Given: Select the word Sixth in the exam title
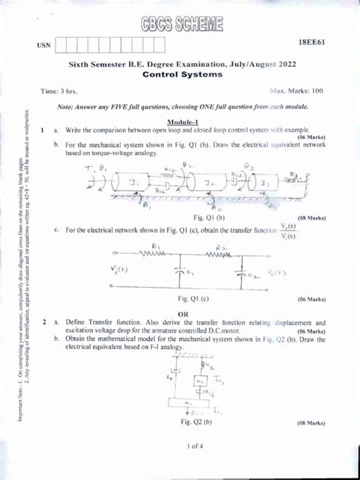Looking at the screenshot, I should (82, 65).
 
